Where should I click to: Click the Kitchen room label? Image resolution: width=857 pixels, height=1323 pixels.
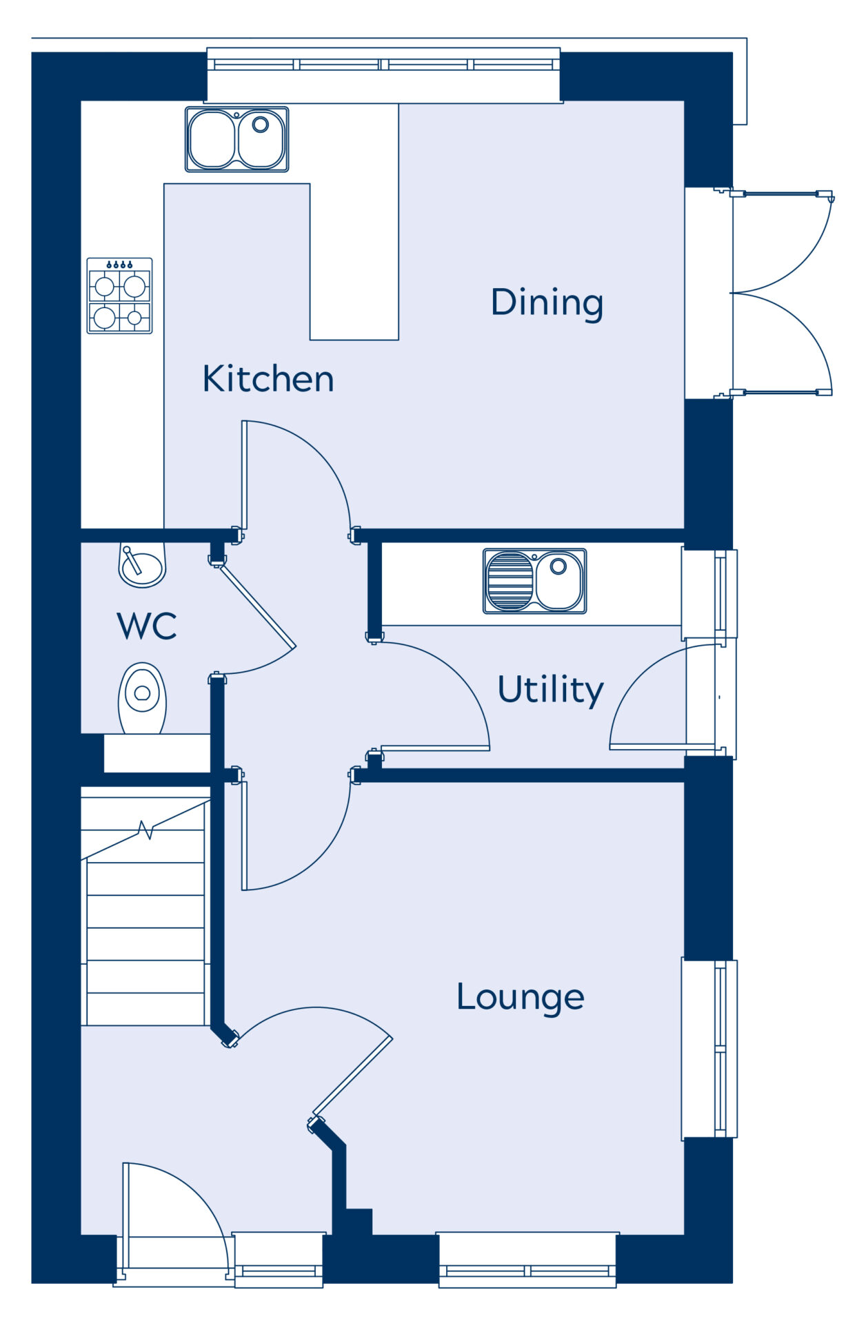(268, 378)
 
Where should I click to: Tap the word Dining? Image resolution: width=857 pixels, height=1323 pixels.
(547, 302)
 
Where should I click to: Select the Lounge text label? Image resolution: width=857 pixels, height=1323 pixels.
(521, 997)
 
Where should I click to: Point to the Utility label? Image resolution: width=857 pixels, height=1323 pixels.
(550, 689)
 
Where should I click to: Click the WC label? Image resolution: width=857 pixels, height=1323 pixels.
(147, 626)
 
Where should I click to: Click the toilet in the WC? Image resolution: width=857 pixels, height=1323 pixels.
(143, 698)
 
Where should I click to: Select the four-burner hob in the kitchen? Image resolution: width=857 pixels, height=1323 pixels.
(119, 296)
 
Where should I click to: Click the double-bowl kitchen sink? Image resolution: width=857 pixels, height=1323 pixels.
(236, 139)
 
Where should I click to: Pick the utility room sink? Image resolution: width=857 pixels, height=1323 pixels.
(535, 581)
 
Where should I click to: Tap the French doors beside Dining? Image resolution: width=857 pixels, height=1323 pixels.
(781, 294)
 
